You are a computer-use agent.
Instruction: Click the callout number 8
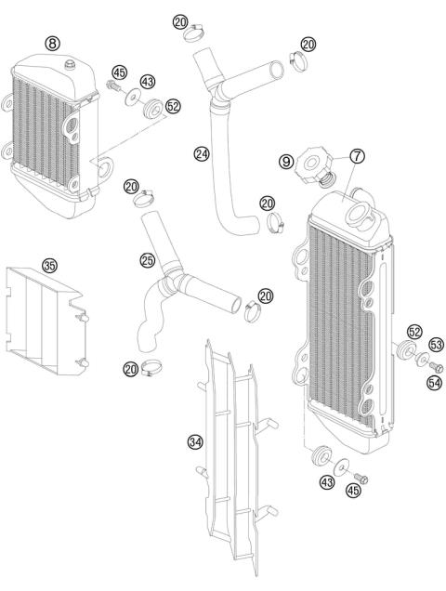[52, 43]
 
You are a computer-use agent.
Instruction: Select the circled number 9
[285, 161]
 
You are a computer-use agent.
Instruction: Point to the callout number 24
[201, 152]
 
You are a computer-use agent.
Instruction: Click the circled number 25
[148, 260]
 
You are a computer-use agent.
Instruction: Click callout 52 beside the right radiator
[414, 331]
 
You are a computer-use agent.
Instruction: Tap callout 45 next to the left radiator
[119, 72]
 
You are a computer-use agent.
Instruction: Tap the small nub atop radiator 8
[71, 63]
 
